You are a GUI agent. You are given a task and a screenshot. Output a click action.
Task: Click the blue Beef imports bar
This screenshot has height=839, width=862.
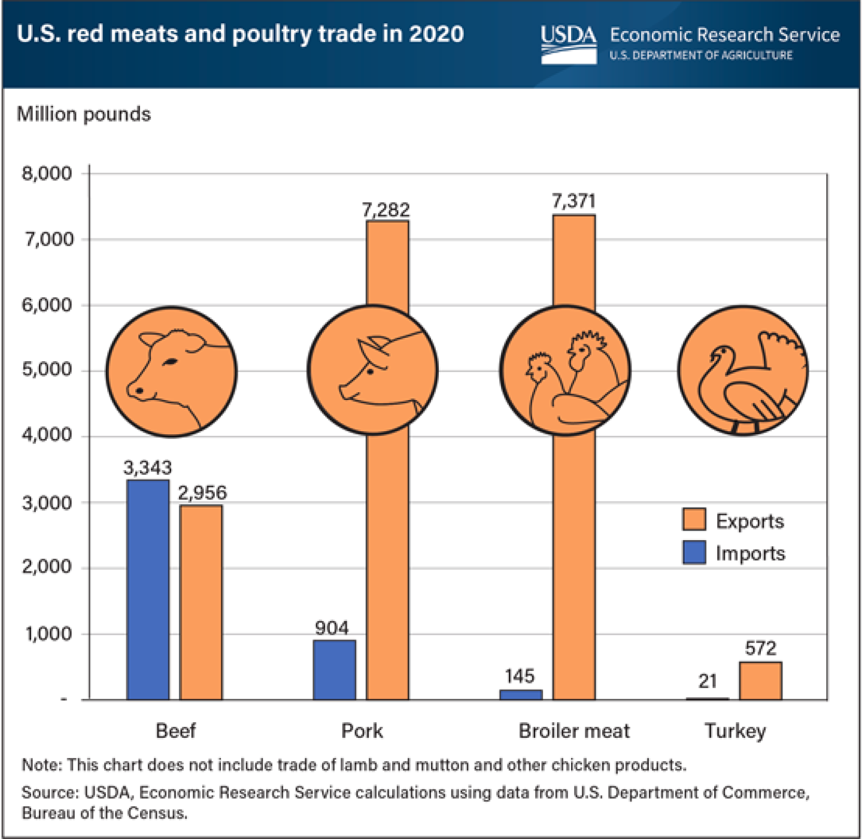tap(148, 589)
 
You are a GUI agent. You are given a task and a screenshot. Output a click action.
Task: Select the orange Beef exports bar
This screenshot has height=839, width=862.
tap(201, 602)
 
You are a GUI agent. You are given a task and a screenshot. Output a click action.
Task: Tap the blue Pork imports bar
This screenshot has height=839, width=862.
tap(335, 670)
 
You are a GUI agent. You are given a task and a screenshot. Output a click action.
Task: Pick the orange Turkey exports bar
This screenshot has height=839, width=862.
tap(761, 681)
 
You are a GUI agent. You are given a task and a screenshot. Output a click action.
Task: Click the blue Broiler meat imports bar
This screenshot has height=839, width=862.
tap(521, 695)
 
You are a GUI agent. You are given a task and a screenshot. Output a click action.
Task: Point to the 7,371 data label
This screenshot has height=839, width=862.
tap(573, 201)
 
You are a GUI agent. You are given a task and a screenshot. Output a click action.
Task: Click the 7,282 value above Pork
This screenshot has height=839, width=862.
tap(386, 209)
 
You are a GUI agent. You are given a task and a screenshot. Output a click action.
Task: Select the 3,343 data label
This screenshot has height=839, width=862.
tap(147, 468)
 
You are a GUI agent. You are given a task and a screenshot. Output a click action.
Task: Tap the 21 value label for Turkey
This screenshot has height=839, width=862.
tap(708, 682)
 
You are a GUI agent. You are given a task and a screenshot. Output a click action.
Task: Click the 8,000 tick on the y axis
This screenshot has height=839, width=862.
tap(47, 173)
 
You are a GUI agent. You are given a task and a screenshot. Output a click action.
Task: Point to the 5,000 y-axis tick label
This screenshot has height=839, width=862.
tap(47, 369)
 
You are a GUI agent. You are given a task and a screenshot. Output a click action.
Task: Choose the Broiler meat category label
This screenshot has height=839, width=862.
tap(574, 731)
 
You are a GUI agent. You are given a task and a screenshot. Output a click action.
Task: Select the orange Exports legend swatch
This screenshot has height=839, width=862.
tap(694, 519)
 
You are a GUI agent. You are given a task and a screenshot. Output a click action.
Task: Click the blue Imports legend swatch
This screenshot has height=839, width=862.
tap(694, 552)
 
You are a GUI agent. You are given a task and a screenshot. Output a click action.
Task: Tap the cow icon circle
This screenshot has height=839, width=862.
tap(171, 371)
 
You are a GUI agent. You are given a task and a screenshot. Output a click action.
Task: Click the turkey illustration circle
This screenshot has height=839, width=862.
tap(743, 370)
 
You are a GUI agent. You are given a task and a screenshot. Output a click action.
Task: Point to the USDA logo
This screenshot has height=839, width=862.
tap(569, 44)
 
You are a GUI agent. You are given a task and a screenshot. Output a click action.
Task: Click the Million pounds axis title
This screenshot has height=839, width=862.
tap(84, 114)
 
